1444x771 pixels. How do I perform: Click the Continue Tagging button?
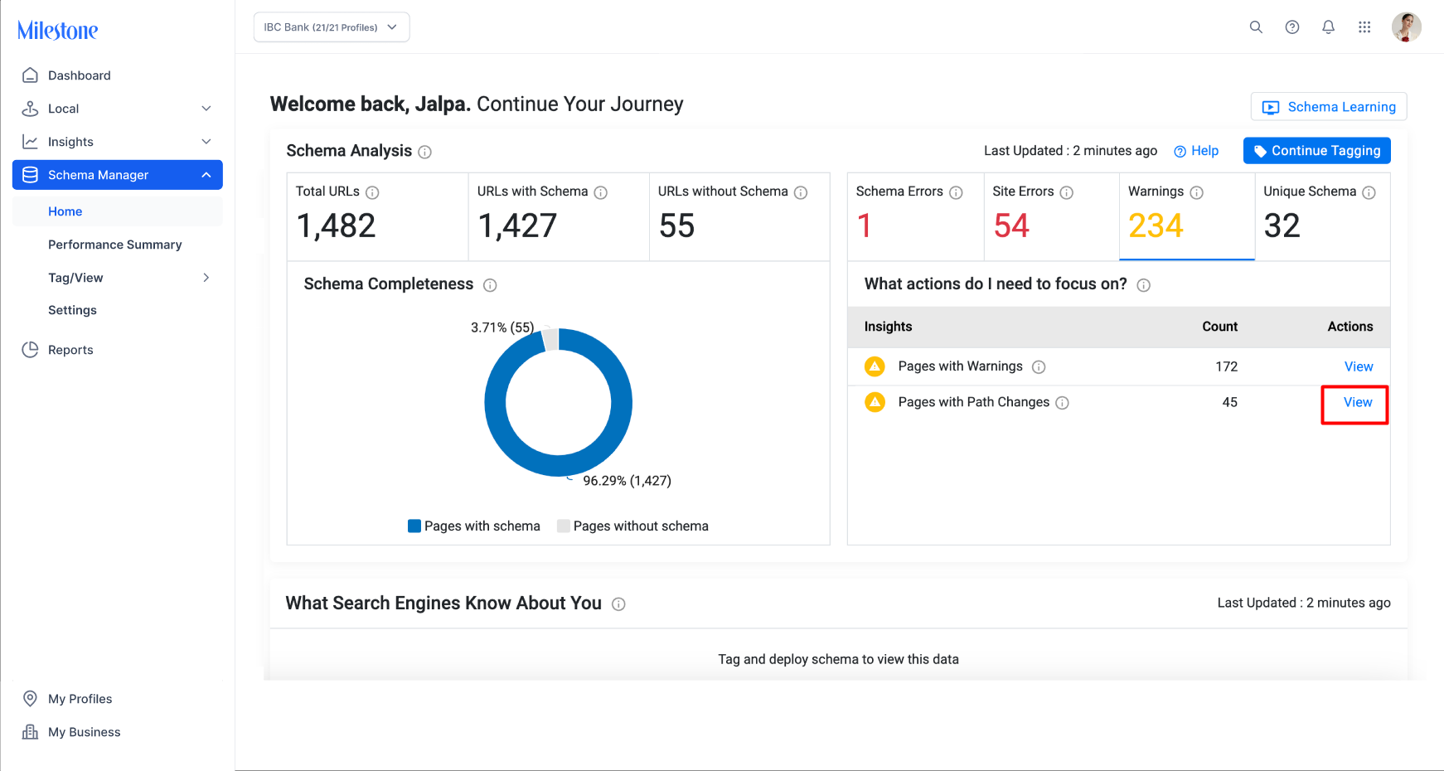click(1316, 151)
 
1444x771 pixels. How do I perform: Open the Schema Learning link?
click(1328, 107)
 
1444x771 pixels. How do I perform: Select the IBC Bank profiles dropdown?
click(332, 27)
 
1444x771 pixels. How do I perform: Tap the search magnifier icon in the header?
click(1256, 27)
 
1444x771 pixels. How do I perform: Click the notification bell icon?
click(1328, 27)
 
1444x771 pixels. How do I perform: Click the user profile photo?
click(1406, 27)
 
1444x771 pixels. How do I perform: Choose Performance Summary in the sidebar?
click(114, 245)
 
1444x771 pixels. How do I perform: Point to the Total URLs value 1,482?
click(336, 225)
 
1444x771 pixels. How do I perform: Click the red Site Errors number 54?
click(1011, 225)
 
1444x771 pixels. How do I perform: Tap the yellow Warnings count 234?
click(1156, 225)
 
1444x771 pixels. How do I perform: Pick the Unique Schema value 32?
click(1282, 225)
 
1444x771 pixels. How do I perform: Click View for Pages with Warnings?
click(1359, 366)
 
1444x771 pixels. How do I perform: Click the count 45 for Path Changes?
click(1229, 402)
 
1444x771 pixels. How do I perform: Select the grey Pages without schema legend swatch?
click(564, 526)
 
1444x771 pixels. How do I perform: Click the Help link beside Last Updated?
click(1196, 151)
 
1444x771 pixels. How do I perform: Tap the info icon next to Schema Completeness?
click(490, 285)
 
